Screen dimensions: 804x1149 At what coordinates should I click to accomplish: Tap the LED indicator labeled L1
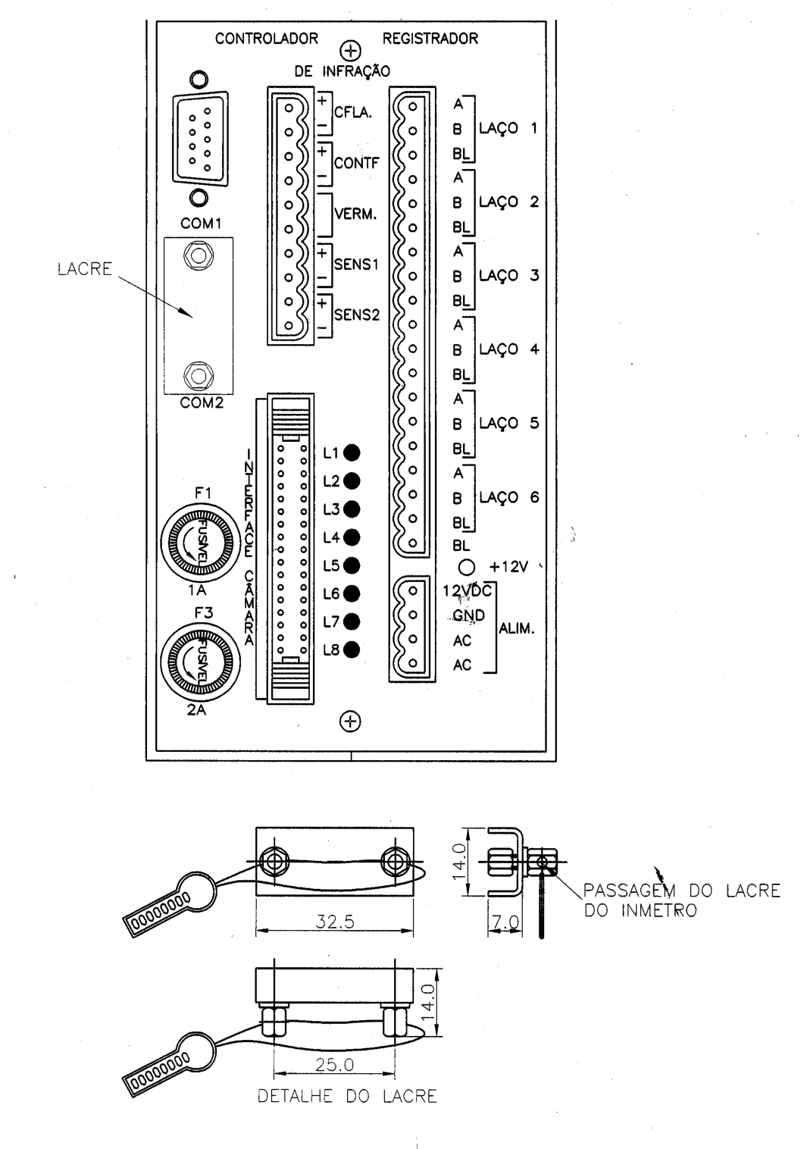click(x=352, y=452)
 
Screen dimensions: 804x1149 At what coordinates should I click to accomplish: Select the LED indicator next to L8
click(x=352, y=650)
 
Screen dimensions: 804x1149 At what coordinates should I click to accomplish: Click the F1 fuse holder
click(x=200, y=542)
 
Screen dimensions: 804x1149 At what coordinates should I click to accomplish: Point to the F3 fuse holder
click(x=200, y=662)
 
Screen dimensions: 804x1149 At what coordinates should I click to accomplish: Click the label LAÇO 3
click(x=509, y=276)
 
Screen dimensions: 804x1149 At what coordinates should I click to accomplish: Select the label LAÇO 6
click(x=509, y=497)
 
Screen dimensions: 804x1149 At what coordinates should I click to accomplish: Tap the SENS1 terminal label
click(x=356, y=265)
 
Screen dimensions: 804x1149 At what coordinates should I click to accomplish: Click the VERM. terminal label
click(x=355, y=214)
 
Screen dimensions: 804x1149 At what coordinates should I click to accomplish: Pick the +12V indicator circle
click(x=467, y=568)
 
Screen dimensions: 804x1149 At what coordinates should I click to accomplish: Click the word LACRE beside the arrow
click(x=85, y=269)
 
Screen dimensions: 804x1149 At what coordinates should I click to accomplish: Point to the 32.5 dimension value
click(x=334, y=922)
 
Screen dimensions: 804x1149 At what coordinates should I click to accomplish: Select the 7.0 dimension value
click(x=506, y=922)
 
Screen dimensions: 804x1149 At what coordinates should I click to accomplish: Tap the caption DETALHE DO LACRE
click(x=347, y=1097)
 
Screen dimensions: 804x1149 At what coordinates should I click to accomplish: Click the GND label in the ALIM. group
click(x=468, y=615)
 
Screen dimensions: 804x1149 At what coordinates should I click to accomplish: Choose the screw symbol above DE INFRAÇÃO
click(x=351, y=51)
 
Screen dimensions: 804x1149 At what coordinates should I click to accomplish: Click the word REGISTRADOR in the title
click(x=430, y=39)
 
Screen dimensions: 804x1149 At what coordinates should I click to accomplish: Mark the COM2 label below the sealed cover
click(x=202, y=402)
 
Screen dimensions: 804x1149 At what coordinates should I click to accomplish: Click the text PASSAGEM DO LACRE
click(x=682, y=891)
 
